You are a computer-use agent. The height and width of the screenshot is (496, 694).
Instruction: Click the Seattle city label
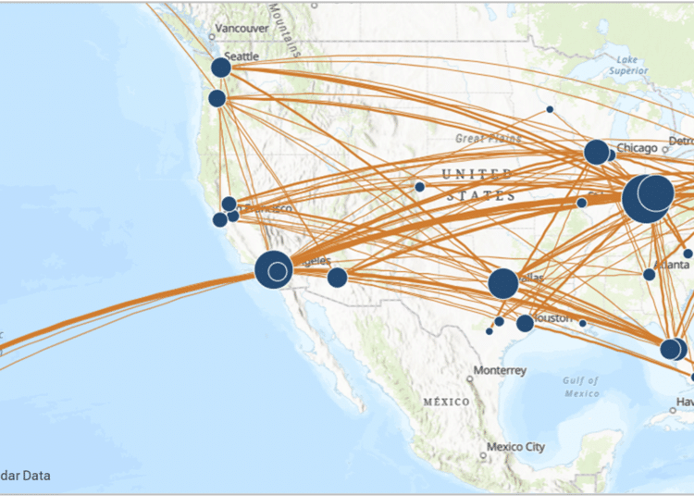pos(242,56)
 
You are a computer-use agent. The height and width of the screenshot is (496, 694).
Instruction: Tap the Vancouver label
pos(242,29)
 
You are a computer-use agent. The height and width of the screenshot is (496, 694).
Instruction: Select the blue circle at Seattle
pos(220,68)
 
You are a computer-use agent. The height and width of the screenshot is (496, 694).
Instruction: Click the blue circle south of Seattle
pos(217,98)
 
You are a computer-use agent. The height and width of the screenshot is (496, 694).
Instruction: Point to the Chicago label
pos(638,148)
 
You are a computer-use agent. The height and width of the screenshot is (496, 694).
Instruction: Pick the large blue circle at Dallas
pos(503,283)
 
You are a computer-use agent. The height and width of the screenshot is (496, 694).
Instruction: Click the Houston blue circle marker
pos(525,323)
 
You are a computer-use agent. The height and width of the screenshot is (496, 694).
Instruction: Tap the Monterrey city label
pos(500,370)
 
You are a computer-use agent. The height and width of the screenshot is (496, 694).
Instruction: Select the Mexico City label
pos(516,447)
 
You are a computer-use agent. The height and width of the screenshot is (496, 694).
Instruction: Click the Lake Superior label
pos(629,65)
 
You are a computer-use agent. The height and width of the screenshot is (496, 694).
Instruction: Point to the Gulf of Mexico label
pos(580,387)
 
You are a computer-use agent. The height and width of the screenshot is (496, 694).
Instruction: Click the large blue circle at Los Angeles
pos(273,269)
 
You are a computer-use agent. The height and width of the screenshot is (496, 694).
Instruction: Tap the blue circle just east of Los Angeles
pos(337,278)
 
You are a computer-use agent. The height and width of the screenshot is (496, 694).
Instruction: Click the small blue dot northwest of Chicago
pos(550,109)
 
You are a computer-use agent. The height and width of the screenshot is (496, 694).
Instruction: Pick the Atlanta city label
pos(671,264)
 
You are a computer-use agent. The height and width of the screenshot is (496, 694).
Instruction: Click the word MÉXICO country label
pos(446,403)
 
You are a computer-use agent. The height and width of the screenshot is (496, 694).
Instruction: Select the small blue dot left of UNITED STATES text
pos(419,187)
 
